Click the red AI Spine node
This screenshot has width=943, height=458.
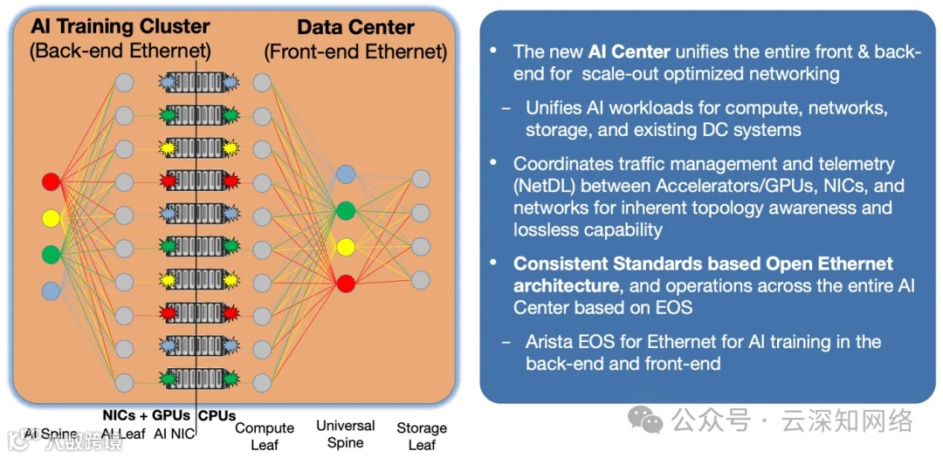point(51,181)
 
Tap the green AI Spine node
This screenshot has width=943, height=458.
point(51,254)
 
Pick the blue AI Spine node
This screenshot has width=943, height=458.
point(51,290)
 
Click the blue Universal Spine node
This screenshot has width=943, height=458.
point(346,174)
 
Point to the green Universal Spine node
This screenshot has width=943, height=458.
point(346,210)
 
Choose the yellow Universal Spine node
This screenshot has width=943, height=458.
point(346,247)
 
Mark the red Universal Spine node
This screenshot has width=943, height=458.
point(346,283)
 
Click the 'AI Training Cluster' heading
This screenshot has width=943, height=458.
point(120,26)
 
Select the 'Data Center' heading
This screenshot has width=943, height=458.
point(355,26)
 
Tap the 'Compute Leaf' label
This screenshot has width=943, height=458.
point(265,435)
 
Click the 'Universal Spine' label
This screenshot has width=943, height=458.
point(346,434)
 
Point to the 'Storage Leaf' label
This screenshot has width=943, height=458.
point(422,435)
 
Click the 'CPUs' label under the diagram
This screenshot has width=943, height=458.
point(217,415)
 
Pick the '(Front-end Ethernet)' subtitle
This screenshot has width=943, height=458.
point(355,52)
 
